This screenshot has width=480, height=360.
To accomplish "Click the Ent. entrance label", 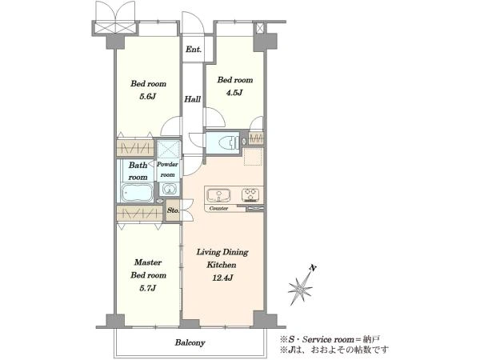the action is click(x=194, y=49).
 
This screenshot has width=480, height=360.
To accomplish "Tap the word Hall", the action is click(x=193, y=99).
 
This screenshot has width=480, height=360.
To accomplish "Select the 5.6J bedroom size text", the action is click(x=148, y=97).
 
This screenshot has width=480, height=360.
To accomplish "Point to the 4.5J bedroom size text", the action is click(x=234, y=93).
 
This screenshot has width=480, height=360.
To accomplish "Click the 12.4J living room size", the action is click(x=222, y=278).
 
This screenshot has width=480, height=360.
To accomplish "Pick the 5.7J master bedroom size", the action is click(x=148, y=288).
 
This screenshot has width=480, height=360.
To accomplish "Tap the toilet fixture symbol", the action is click(x=229, y=142).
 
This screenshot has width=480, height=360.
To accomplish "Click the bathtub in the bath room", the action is click(x=137, y=193).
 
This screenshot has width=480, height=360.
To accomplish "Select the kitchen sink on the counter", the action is click(x=218, y=195).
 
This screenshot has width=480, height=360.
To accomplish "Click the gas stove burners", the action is click(x=250, y=195).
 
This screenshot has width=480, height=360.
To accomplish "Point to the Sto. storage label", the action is click(x=173, y=210).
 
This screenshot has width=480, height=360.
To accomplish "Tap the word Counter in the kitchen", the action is click(x=218, y=209).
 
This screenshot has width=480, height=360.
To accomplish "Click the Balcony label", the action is click(x=190, y=342).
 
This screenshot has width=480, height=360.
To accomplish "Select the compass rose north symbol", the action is click(x=300, y=289).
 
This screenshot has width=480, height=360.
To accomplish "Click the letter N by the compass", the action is click(x=313, y=269).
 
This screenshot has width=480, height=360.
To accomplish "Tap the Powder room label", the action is click(x=167, y=170).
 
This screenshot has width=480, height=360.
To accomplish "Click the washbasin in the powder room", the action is click(x=168, y=189).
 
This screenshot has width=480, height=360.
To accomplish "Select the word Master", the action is click(x=148, y=262).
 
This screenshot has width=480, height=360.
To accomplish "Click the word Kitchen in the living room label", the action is click(x=222, y=265).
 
